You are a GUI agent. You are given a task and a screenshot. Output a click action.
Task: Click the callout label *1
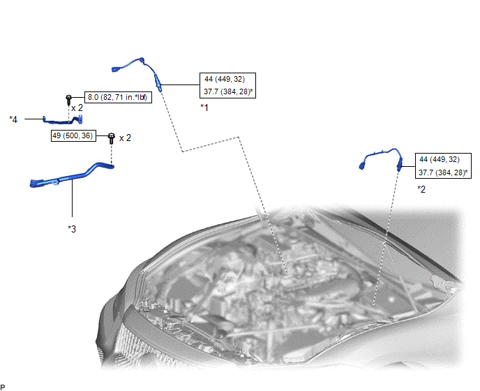[204, 108]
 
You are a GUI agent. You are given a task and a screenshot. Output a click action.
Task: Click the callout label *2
[421, 189]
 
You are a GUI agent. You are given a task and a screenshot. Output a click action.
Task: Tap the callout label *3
[72, 229]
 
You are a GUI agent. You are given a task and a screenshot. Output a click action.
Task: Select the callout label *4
[13, 119]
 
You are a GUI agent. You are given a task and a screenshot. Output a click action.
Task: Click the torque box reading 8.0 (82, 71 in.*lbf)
[118, 98]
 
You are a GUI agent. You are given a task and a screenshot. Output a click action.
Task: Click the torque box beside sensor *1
[227, 85]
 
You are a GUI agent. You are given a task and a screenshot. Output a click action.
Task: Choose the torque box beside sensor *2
[443, 165]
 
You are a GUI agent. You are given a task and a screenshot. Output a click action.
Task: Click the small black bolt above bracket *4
[68, 99]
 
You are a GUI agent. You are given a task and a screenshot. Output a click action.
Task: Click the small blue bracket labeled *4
[63, 120]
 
